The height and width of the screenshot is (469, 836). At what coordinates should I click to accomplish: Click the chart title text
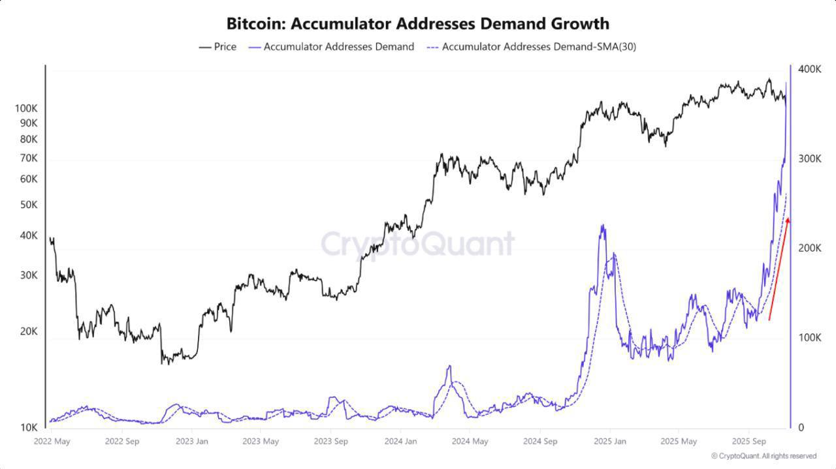point(417,23)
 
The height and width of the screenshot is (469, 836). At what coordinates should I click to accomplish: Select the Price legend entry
point(217,47)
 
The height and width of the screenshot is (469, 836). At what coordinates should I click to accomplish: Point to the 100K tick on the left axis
point(26,108)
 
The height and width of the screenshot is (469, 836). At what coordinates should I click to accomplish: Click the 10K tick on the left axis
point(28,427)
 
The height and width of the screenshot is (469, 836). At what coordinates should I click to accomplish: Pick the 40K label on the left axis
point(29,235)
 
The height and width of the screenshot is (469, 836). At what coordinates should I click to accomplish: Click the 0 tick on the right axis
point(801,427)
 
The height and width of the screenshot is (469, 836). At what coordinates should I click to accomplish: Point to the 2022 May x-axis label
point(52,442)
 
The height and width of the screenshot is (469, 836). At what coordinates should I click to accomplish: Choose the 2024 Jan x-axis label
point(400,442)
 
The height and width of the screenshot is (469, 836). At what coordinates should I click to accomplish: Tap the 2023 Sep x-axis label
point(330,442)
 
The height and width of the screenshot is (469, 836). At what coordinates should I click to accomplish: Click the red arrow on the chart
point(779,269)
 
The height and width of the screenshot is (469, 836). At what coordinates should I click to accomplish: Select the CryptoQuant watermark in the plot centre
point(417,244)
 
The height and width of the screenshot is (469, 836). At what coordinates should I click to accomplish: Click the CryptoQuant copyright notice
point(764,456)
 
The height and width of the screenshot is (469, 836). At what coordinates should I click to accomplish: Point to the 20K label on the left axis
point(29,331)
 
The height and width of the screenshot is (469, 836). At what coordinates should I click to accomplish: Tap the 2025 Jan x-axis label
point(609,442)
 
